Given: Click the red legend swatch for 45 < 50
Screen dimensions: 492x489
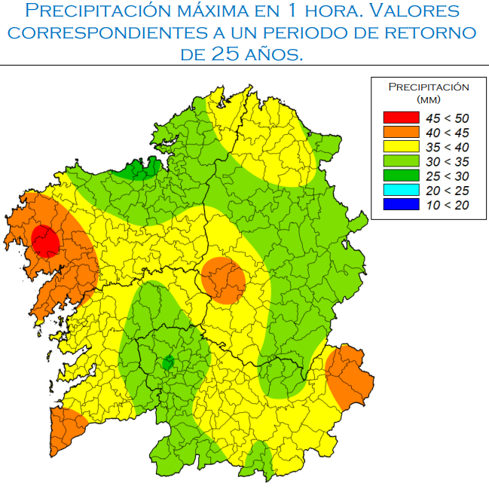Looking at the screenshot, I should pos(401,118).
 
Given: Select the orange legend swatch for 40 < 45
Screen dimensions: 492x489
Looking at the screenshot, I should pos(401,133).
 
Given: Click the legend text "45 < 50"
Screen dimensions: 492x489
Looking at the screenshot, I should pos(447,118).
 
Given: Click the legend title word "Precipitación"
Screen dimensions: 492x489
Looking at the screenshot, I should pos(428,87).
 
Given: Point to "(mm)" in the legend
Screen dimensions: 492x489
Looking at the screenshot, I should pos(428,99).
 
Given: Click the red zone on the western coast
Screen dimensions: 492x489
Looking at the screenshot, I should pos(46,241).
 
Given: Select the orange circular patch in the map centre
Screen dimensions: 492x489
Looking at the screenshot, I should pos(223,280).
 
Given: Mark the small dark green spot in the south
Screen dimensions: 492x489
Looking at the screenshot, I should pos(168,363).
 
